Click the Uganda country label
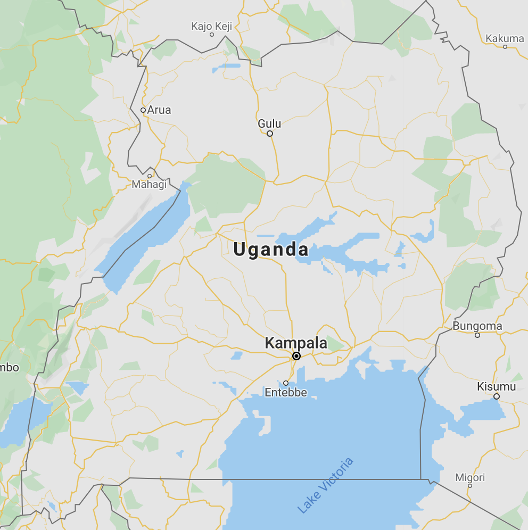[271, 250]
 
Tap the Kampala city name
[296, 343]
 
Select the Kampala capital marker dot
[296, 356]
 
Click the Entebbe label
[286, 393]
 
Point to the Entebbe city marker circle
[286, 383]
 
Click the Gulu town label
[269, 123]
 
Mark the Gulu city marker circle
[270, 134]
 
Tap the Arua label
[159, 110]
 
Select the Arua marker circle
[143, 110]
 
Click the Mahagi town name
[149, 185]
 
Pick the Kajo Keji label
[211, 26]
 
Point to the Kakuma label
[505, 38]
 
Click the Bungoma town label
[477, 326]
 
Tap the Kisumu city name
[496, 386]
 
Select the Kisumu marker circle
[497, 396]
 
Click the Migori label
[470, 477]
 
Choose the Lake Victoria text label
[325, 485]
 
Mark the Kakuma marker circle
[505, 47]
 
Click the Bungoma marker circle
[477, 335]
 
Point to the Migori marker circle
[470, 486]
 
